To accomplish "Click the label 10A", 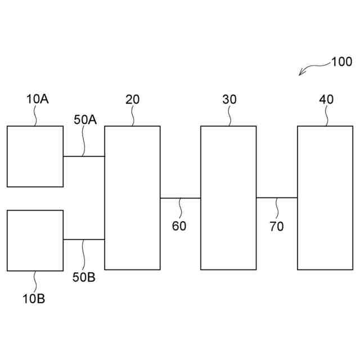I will pyautogui.click(x=37, y=100).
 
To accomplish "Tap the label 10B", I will pyautogui.click(x=34, y=298).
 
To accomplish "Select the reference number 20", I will pyautogui.click(x=133, y=100).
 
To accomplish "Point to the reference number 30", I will pyautogui.click(x=229, y=100).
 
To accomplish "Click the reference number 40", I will pyautogui.click(x=326, y=100).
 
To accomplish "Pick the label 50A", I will pyautogui.click(x=85, y=119).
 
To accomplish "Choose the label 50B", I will pyautogui.click(x=83, y=276).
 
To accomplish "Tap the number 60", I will pyautogui.click(x=179, y=227).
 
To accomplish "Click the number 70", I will pyautogui.click(x=277, y=227).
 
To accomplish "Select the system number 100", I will pyautogui.click(x=341, y=62).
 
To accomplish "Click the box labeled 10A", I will pyautogui.click(x=35, y=156).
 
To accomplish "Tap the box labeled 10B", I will pyautogui.click(x=35, y=241).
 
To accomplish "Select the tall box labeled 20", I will pyautogui.click(x=132, y=197).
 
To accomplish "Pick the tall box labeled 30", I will pyautogui.click(x=229, y=197).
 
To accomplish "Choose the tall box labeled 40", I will pyautogui.click(x=325, y=197).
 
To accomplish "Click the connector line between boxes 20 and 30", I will pyautogui.click(x=181, y=198).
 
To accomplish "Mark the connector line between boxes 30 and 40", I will pyautogui.click(x=277, y=197).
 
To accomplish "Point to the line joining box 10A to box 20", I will pyautogui.click(x=84, y=156).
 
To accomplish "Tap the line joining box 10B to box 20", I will pyautogui.click(x=84, y=240).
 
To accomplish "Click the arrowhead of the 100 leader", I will pyautogui.click(x=301, y=74).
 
